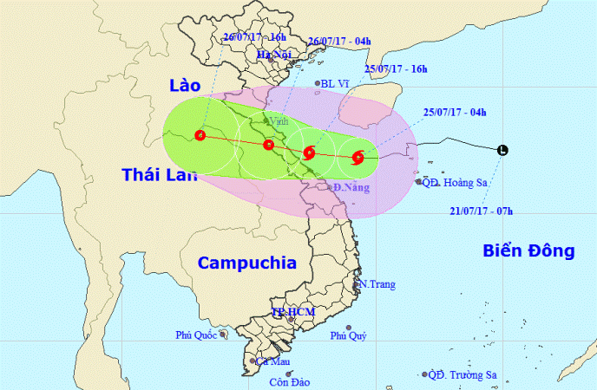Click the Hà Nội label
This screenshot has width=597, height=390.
coord(271,55)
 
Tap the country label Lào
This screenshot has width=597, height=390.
coord(184,85)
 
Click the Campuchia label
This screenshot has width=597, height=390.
coord(246,263)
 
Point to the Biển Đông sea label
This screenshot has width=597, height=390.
coord(528,251)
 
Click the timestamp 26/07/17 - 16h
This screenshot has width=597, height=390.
coord(254,36)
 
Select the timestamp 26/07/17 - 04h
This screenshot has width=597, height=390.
coord(340,40)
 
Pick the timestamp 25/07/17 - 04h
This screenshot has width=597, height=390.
coord(456,111)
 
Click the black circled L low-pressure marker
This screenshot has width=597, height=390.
coord(502,152)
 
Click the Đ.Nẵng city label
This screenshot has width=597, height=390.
coord(351,187)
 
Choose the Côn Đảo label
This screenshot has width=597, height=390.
coord(290,382)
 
